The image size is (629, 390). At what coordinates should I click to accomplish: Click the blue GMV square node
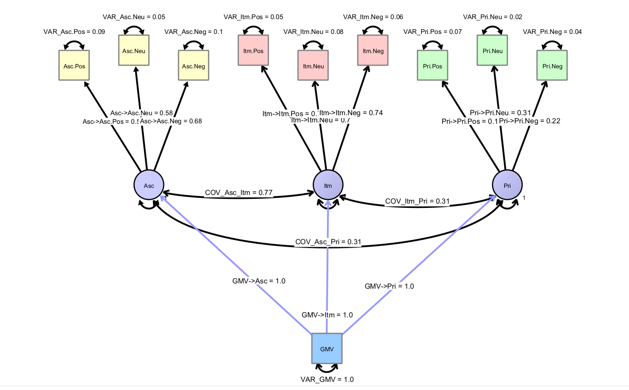327,348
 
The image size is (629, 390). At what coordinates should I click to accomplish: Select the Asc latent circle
149,185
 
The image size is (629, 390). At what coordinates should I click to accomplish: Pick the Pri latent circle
507,185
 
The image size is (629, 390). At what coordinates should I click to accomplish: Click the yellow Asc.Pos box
74,66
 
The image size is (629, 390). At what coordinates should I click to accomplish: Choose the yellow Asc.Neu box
134,51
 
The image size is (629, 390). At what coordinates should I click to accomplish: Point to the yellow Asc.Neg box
194,66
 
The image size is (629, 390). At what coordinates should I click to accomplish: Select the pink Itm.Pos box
253,51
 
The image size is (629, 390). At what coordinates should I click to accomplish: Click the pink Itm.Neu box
313,66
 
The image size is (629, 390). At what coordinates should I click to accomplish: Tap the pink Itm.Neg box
373,51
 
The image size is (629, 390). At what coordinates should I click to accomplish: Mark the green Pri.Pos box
433,66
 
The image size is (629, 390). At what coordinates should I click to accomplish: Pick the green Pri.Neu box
492,51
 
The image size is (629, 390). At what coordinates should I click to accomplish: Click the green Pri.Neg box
552,66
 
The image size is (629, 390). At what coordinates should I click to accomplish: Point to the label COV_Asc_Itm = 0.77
239,193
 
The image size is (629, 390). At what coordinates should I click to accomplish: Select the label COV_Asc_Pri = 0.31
328,243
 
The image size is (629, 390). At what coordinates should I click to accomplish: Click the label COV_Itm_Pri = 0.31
417,202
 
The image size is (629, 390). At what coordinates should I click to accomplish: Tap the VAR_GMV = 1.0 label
327,379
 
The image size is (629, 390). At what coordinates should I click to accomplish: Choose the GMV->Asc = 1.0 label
259,281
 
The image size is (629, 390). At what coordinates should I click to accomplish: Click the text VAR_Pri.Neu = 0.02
492,17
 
